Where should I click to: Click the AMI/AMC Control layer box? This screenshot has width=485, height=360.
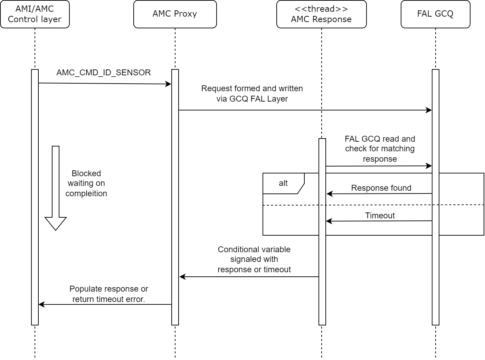(x=35, y=14)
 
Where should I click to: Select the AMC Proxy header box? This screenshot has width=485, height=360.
(x=175, y=14)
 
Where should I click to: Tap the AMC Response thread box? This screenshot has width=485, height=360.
(x=321, y=14)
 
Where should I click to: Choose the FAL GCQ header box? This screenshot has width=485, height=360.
(x=435, y=14)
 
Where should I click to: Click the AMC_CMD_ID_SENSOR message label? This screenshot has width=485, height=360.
(x=104, y=73)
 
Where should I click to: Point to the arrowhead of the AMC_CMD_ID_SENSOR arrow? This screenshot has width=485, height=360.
(x=169, y=84)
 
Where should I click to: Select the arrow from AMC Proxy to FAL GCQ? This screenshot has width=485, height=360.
(x=304, y=110)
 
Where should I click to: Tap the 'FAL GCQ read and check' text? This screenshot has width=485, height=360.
(x=380, y=149)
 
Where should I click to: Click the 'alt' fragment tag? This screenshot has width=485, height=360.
(x=283, y=183)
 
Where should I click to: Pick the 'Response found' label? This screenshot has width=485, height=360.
(x=381, y=188)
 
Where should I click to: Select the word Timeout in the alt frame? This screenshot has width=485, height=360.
(x=380, y=216)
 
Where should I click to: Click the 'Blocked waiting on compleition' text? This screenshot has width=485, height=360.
(x=86, y=183)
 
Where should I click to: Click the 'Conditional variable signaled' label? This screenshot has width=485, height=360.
(x=254, y=259)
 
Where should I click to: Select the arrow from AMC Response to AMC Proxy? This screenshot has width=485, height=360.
(x=249, y=277)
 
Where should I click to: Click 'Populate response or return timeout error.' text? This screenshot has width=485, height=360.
(x=109, y=294)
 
